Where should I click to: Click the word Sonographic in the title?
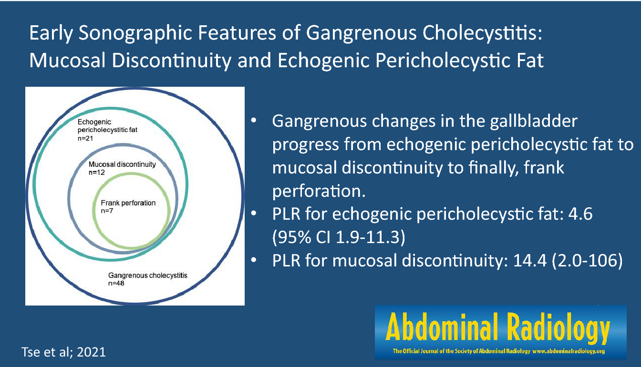pos(135,34)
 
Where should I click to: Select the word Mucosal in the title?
pos(68,60)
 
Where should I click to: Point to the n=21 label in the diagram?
pos(85,138)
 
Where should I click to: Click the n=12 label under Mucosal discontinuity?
pos(97,173)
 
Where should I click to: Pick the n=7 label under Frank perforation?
pos(107,211)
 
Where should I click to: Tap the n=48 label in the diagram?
pos(116,284)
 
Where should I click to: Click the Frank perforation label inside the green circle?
pos(128,203)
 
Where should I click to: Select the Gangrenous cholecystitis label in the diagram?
pos(148,275)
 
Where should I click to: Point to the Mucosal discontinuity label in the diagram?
pos(122,164)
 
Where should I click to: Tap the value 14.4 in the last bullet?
pos(530,261)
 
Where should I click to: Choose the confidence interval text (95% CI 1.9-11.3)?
pos(339,237)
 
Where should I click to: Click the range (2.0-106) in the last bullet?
pos(587,261)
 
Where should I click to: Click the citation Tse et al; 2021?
pos(63,352)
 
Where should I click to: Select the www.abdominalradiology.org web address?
pos(569,351)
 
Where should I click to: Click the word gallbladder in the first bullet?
pos(533,121)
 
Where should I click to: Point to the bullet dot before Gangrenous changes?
pos(254,121)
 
